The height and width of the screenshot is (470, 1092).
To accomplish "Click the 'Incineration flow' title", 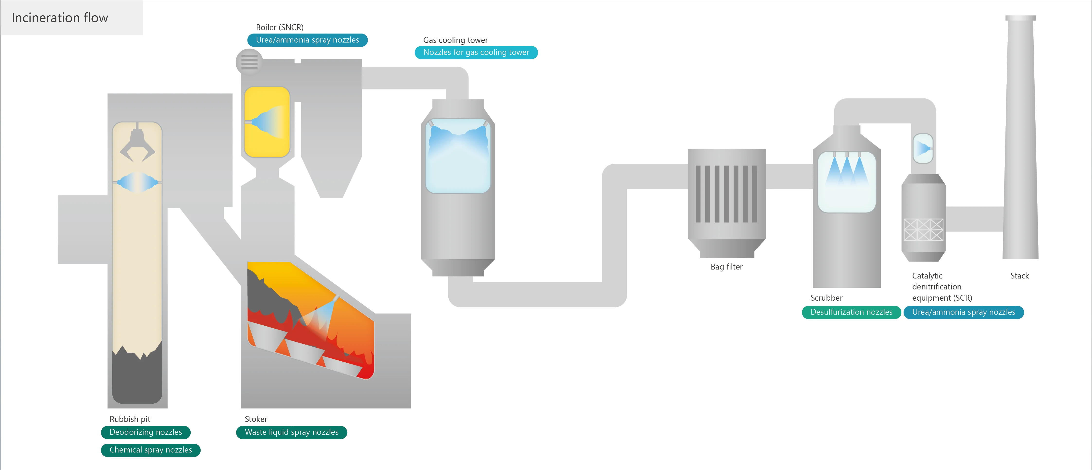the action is (60, 18).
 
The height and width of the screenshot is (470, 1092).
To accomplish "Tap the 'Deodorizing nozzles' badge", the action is (146, 432).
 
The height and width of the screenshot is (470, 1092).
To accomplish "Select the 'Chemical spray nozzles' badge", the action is (151, 450).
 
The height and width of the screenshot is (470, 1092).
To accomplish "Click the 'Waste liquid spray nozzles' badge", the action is (292, 432).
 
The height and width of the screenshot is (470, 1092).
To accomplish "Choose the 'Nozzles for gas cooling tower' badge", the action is (476, 52).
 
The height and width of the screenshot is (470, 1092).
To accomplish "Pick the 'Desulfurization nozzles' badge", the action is (851, 312).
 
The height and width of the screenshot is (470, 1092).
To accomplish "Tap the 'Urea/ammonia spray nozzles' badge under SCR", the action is (964, 312).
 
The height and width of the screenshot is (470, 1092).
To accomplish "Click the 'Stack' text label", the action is (1020, 276).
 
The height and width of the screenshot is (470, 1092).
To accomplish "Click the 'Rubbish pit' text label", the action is (130, 419).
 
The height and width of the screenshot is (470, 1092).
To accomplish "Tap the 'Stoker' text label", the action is (256, 419).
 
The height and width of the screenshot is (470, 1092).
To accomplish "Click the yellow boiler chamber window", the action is (267, 122).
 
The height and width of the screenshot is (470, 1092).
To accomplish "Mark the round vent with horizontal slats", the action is (249, 62).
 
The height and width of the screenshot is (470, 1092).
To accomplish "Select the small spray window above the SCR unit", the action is (923, 148).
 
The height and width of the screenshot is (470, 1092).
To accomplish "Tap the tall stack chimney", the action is (1020, 138).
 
